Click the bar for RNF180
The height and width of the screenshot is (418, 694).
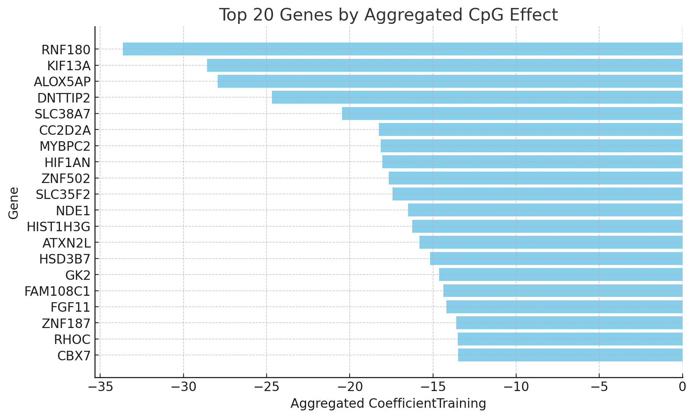click(402, 49)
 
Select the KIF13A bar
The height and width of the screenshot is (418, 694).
click(444, 65)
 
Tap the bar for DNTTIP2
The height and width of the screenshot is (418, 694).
click(477, 97)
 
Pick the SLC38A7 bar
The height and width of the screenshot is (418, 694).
click(512, 114)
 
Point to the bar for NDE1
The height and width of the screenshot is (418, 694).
click(545, 210)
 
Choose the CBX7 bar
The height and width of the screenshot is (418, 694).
click(570, 355)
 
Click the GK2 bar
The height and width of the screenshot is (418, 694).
click(561, 274)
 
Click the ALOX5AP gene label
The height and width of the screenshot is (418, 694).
click(62, 82)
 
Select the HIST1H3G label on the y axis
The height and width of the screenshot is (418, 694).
click(58, 227)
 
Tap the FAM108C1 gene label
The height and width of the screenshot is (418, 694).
click(57, 292)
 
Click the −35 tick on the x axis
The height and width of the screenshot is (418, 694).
click(100, 388)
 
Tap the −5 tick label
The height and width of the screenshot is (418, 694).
click(599, 388)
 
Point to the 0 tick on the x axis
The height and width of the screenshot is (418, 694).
click(682, 388)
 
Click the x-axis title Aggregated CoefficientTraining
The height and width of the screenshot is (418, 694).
click(388, 404)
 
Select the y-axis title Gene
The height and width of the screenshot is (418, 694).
click(14, 203)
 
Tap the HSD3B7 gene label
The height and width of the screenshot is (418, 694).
click(65, 259)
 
